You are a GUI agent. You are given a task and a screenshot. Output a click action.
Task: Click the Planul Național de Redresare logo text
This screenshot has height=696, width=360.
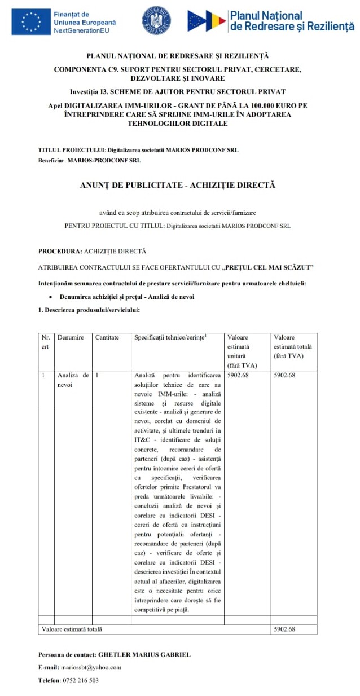tap(291, 21)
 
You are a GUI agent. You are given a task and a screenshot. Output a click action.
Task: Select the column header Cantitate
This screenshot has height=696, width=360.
tap(107, 337)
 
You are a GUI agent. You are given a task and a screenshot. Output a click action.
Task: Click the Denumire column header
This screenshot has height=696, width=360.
tap(71, 337)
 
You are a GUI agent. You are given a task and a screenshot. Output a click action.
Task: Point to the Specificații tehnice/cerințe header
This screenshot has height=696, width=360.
tap(170, 337)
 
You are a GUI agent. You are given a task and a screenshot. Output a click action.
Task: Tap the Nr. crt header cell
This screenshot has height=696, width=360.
tap(45, 342)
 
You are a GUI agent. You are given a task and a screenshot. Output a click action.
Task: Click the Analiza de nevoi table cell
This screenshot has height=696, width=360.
tap(73, 379)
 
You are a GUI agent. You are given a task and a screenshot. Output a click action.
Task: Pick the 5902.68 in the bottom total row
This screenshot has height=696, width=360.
tap(284, 629)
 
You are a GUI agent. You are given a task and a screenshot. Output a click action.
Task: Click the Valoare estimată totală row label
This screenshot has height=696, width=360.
tap(72, 629)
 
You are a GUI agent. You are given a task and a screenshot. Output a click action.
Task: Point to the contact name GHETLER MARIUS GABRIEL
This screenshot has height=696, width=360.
tap(144, 654)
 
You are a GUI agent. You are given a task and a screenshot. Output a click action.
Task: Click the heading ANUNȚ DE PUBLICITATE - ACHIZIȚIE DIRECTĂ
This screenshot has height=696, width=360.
tap(177, 184)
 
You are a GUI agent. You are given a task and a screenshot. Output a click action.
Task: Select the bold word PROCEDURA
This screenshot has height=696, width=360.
tap(60, 251)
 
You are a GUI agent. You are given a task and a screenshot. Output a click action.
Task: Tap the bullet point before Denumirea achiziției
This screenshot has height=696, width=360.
tap(51, 297)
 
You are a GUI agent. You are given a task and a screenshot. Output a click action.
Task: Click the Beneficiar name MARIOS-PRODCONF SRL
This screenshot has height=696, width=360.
tap(104, 160)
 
